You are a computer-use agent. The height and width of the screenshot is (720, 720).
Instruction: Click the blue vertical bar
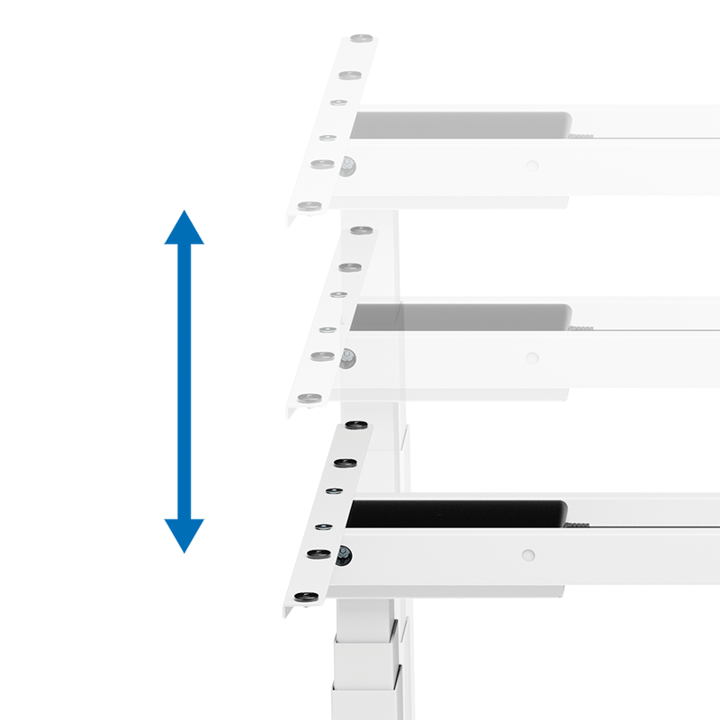(184, 381)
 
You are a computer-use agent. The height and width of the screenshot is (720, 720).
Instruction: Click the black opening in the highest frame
(459, 125)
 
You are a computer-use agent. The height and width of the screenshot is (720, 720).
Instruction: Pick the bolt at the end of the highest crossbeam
(347, 164)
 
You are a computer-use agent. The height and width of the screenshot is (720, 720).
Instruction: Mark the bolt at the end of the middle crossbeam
(346, 358)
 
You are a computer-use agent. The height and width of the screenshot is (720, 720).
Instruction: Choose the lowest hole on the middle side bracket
(307, 398)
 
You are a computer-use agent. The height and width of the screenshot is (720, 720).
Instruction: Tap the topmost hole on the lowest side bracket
(355, 424)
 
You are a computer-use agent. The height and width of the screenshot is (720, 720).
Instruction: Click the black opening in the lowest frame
(457, 515)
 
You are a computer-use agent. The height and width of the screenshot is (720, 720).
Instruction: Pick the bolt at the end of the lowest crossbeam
(344, 555)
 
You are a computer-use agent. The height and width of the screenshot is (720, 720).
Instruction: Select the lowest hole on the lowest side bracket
(305, 595)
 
